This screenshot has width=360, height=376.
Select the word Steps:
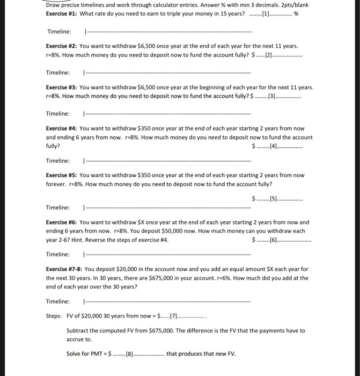point(55,316)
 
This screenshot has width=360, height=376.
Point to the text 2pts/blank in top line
point(293,4)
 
